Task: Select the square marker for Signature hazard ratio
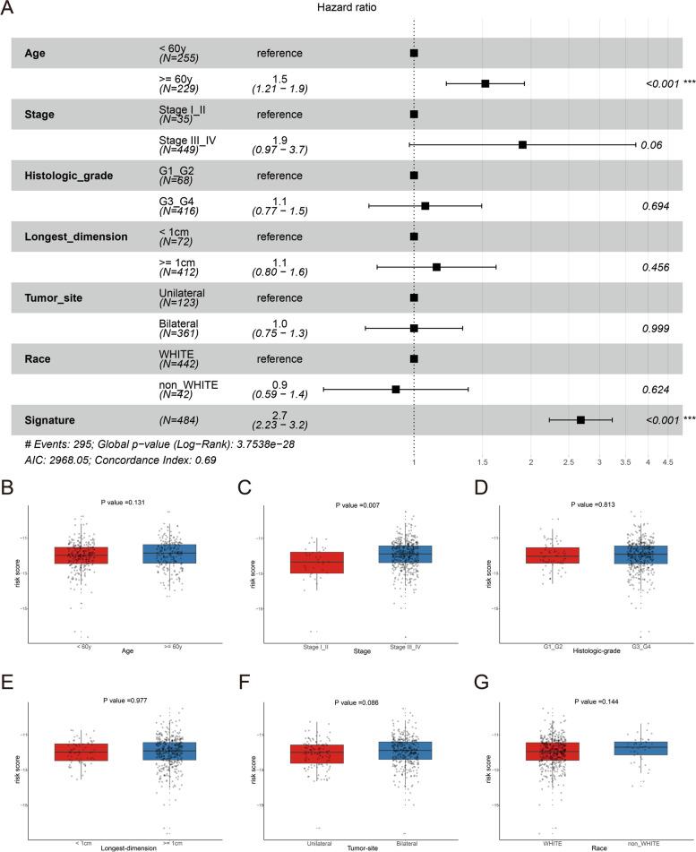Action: coord(580,419)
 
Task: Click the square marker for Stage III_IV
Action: coord(522,144)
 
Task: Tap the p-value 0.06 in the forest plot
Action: coord(651,145)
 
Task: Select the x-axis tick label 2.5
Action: coord(572,462)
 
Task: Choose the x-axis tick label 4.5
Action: coord(667,462)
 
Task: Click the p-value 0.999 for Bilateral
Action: coord(657,328)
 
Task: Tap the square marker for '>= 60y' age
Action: coord(485,83)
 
